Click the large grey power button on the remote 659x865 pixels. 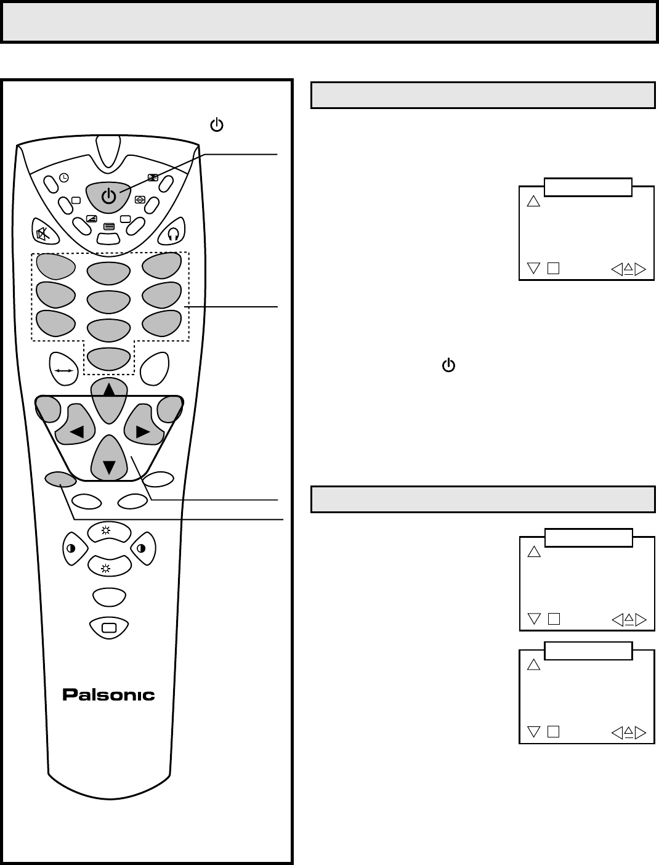point(108,197)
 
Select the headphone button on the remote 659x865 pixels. point(173,233)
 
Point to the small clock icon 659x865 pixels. point(64,177)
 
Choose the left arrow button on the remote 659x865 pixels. point(78,431)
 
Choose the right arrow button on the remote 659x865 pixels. point(143,431)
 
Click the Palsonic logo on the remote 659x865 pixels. point(108,695)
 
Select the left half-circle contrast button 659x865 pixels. point(72,548)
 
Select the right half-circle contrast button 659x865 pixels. point(142,548)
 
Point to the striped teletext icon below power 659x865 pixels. point(109,226)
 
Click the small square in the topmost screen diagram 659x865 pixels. point(553,269)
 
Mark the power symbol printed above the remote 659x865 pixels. point(217,126)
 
